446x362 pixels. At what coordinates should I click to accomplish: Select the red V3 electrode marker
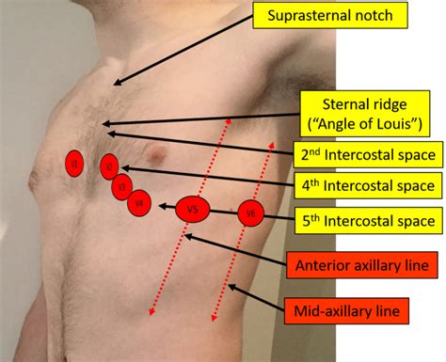pos(120,187)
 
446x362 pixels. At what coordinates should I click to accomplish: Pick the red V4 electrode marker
pos(139,202)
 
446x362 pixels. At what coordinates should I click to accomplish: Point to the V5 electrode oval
pos(192,211)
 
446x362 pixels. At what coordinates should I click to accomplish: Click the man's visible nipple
pos(161,154)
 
